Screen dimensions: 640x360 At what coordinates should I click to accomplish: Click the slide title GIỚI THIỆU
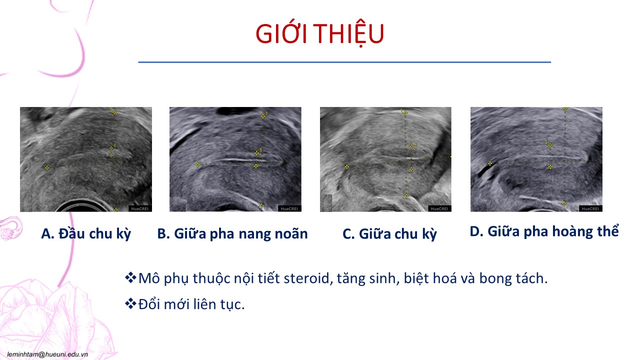(319, 33)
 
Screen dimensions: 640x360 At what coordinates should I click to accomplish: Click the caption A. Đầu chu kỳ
(86, 234)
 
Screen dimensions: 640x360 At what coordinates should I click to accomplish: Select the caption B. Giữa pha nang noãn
(232, 234)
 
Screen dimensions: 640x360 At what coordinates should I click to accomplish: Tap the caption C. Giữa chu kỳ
(389, 234)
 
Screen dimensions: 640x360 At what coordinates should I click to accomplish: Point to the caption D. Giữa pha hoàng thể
(544, 231)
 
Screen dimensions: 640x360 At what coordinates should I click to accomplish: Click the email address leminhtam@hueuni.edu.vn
(47, 354)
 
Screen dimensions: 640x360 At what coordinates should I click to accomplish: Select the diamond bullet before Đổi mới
(130, 303)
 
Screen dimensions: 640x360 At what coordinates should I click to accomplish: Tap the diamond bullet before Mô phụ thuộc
(130, 277)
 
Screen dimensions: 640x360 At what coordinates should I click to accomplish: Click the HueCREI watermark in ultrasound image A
(139, 209)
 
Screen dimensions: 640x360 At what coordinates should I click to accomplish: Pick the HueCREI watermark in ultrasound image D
(590, 209)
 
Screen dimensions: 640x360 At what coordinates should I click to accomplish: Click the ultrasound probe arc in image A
(80, 204)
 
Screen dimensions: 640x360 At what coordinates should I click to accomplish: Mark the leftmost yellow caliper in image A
(47, 168)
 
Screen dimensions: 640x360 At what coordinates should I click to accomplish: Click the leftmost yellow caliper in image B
(197, 164)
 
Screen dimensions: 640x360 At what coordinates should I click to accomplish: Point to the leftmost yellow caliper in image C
(346, 167)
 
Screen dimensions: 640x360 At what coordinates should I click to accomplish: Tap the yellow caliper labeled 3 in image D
(550, 145)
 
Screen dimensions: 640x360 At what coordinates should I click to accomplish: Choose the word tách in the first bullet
(531, 278)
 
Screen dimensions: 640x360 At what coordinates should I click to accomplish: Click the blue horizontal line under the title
(344, 62)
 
